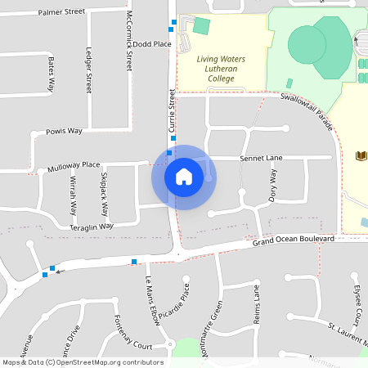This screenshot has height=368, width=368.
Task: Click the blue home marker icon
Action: tap(184, 177)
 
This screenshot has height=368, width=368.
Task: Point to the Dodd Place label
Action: tap(152, 44)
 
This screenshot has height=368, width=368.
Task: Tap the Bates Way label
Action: tap(51, 74)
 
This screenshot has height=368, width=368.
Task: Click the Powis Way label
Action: tap(65, 131)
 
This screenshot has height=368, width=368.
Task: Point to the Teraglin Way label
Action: tap(92, 227)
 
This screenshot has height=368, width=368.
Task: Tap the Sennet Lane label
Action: tap(261, 157)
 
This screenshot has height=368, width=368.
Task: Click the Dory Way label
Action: tap(273, 186)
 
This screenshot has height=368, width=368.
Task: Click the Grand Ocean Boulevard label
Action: tap(293, 239)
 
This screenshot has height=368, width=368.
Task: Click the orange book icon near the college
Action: tap(361, 155)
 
